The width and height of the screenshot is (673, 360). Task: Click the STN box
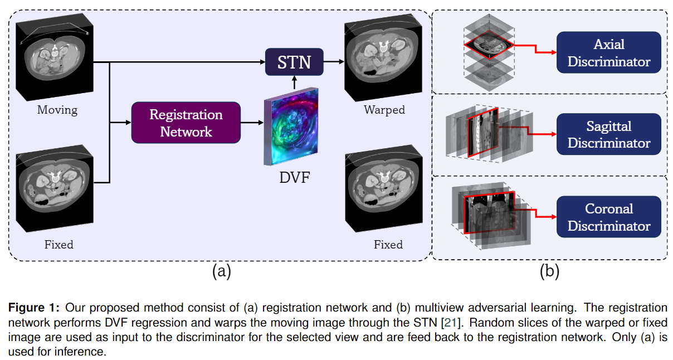tap(294, 62)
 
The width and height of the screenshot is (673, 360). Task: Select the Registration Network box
tap(186, 123)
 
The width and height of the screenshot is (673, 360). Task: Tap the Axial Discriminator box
tap(608, 53)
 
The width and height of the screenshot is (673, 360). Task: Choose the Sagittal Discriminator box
tap(608, 135)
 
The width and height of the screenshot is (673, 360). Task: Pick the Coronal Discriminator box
tap(608, 217)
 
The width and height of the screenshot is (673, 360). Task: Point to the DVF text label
tap(294, 179)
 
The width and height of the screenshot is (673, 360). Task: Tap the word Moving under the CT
tap(57, 110)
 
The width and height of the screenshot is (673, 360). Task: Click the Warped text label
tap(384, 110)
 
